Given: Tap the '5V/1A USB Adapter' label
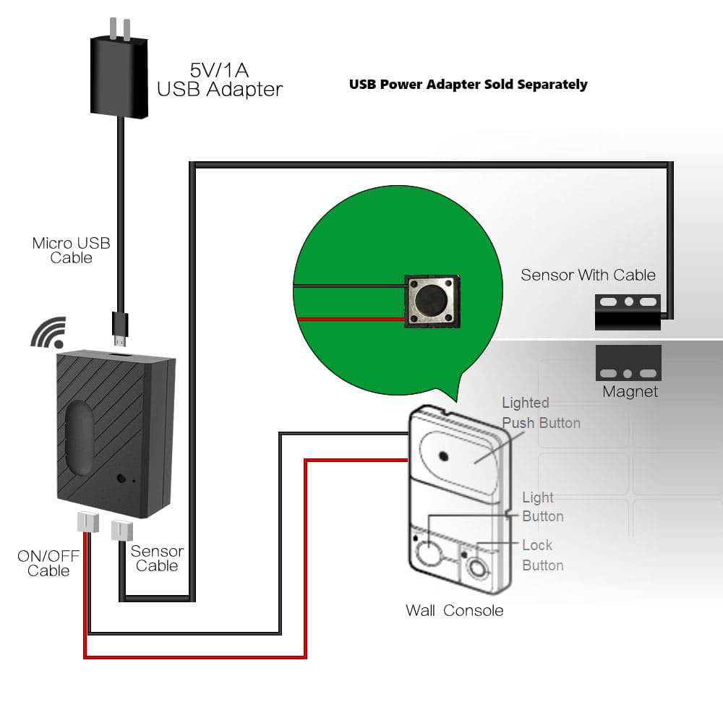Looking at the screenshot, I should (x=219, y=80).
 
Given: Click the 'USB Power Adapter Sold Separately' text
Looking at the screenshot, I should (x=468, y=85).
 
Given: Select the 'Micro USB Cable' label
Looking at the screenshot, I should (x=71, y=249).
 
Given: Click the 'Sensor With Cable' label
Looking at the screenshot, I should (x=588, y=275).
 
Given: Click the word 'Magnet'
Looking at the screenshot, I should (x=630, y=392).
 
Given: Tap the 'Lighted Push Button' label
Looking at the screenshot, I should (x=541, y=413).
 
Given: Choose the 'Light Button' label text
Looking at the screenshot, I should (x=542, y=507).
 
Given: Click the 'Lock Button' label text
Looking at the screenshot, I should (x=542, y=555).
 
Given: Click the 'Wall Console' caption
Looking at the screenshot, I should (x=454, y=610).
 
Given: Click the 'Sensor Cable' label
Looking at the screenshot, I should (x=156, y=558).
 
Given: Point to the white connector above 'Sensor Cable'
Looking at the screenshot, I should (x=120, y=531).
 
